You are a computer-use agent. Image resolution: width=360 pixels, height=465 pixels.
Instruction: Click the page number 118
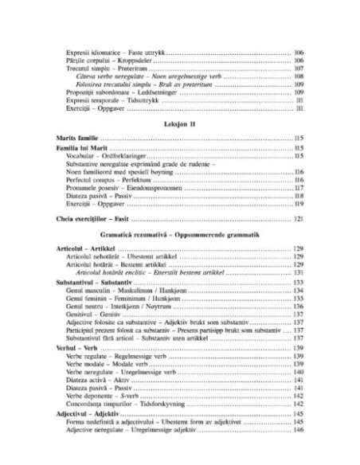click(299, 197)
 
